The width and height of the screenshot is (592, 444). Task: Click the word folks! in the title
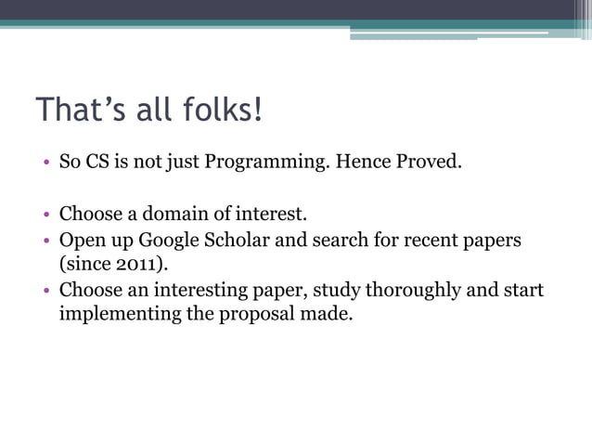tap(218, 110)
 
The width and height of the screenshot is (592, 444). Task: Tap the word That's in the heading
tap(77, 110)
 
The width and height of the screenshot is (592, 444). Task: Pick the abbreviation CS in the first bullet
tap(97, 163)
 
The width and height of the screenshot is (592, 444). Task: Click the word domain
tap(182, 216)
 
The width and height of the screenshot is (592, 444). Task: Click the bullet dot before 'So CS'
tap(45, 164)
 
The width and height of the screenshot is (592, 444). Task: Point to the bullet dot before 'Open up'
tap(45, 242)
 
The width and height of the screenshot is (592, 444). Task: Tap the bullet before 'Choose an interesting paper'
tap(45, 291)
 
